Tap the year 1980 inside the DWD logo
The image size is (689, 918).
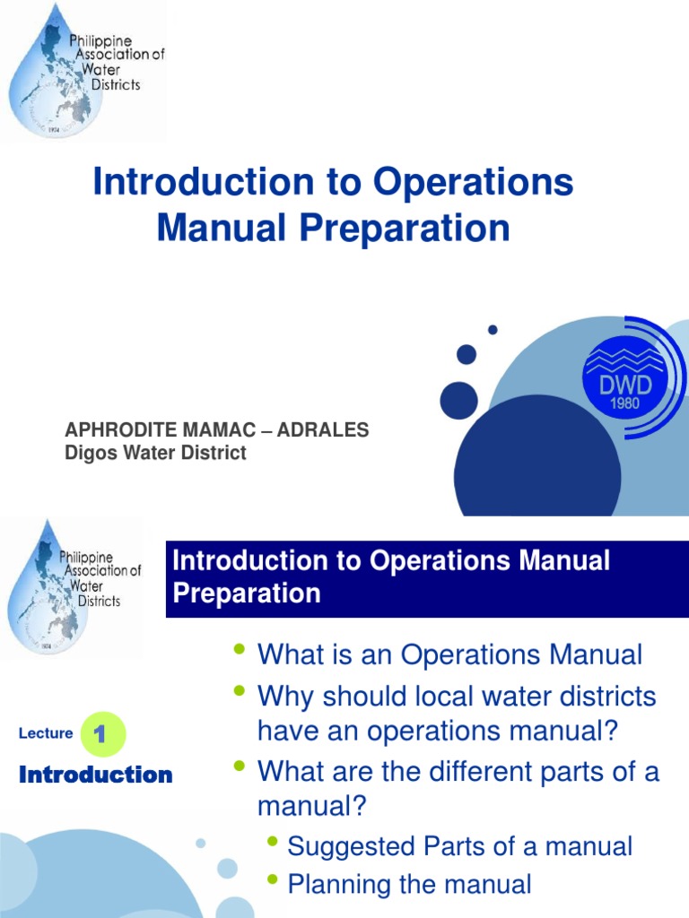click(x=626, y=403)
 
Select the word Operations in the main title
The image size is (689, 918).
click(x=474, y=183)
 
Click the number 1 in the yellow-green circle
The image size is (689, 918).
click(x=101, y=735)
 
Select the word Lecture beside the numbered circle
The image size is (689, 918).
click(x=46, y=733)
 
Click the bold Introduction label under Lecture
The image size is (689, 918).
click(x=96, y=775)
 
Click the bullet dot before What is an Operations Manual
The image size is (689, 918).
click(x=239, y=648)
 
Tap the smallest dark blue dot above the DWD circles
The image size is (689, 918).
click(x=493, y=330)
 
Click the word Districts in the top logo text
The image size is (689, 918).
click(x=116, y=85)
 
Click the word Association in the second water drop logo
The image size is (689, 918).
click(x=100, y=571)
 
